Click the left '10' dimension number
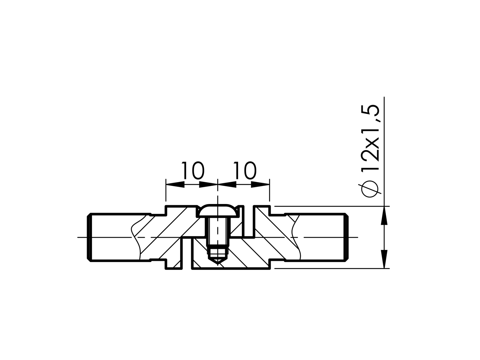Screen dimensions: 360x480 193,170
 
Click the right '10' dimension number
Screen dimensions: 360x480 245,170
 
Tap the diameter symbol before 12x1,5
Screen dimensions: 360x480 371,189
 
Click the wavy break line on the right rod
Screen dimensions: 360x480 296,237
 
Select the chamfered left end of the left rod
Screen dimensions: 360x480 89,237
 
